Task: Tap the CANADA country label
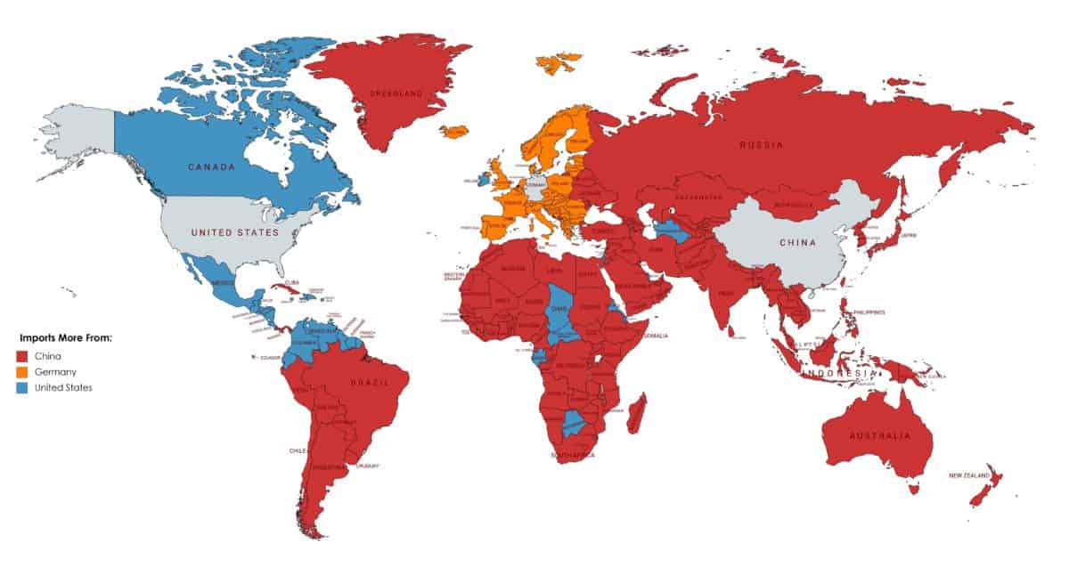[x=211, y=166]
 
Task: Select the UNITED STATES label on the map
[x=236, y=232]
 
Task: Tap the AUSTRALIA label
[x=879, y=436]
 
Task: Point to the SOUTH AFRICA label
[x=573, y=455]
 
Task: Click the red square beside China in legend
[x=22, y=355]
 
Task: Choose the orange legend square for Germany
[x=22, y=371]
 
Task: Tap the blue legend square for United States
[x=22, y=387]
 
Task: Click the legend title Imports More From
[x=65, y=339]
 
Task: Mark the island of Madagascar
[x=636, y=416]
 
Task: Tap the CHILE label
[x=298, y=450]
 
